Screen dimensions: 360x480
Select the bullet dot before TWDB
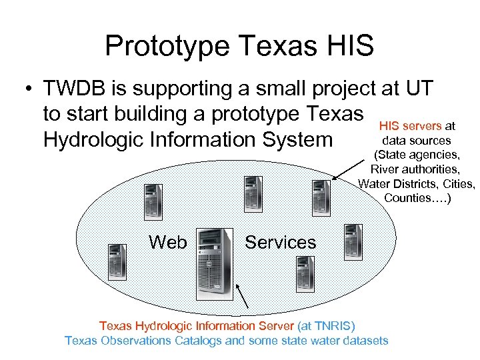(x=30, y=90)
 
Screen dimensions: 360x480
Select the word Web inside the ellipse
(x=168, y=242)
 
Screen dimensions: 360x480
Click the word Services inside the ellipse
(x=280, y=242)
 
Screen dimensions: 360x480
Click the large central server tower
(x=215, y=263)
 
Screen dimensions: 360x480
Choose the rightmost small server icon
(x=352, y=241)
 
